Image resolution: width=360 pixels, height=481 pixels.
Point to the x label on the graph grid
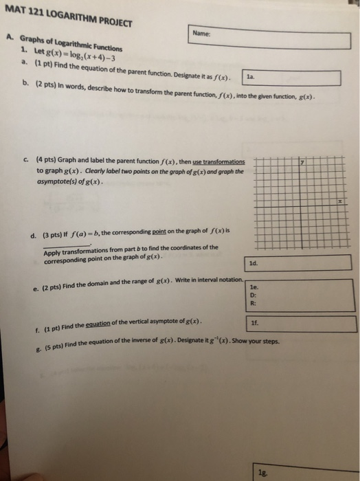(x=339, y=202)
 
